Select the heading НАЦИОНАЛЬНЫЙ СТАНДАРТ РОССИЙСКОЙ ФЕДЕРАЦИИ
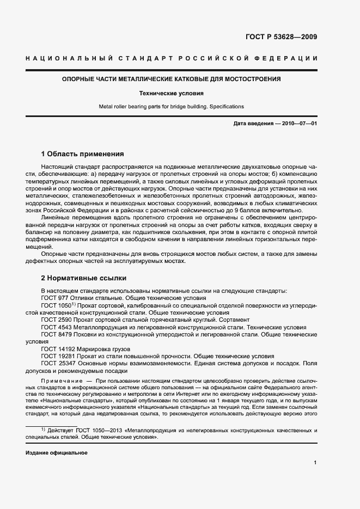pyautogui.click(x=172, y=58)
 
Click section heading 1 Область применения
pyautogui.click(x=83, y=154)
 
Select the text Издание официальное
pyautogui.click(x=57, y=453)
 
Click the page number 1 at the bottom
pyautogui.click(x=315, y=463)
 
